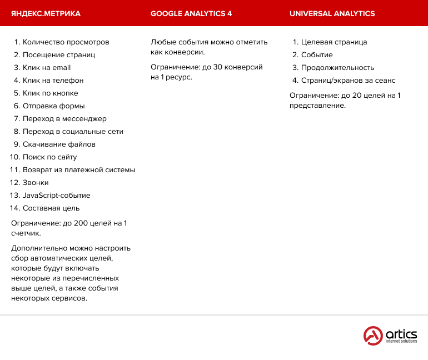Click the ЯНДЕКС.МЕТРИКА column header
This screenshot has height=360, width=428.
click(46, 13)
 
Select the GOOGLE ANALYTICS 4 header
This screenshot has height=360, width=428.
click(191, 13)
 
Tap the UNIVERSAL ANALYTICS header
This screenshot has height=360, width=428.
click(332, 13)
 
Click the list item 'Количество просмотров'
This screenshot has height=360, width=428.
click(66, 42)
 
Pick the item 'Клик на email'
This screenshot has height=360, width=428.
click(47, 67)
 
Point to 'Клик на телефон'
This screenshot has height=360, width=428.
click(53, 80)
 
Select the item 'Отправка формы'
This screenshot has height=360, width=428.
click(53, 106)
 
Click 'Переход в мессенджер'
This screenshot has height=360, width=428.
click(64, 118)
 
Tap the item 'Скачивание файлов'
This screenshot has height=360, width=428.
click(59, 144)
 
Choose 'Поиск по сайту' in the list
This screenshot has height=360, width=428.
click(49, 157)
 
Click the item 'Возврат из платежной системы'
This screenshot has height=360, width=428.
click(79, 169)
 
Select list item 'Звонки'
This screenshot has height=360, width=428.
click(36, 182)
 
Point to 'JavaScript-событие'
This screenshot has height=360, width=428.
click(56, 195)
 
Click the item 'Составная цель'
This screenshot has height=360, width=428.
click(51, 208)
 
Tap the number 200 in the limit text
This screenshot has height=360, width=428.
click(81, 223)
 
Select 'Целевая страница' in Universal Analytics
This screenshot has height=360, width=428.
click(334, 42)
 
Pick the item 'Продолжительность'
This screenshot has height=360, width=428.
click(337, 67)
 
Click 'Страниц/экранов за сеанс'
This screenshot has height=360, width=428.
click(348, 80)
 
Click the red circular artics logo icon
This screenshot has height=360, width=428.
click(374, 336)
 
